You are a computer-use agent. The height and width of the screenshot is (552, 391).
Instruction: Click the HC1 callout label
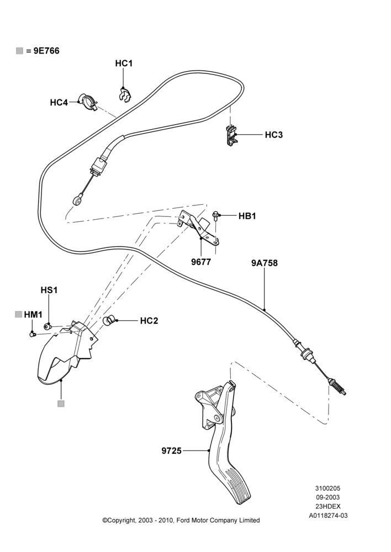pyautogui.click(x=124, y=63)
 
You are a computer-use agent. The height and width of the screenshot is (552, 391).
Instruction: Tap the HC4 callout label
pyautogui.click(x=59, y=103)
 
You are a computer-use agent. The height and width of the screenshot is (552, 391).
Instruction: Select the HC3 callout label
pyautogui.click(x=274, y=135)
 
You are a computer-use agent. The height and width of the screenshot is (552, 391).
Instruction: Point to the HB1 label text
pyautogui.click(x=247, y=216)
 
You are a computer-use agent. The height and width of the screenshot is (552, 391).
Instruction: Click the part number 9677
pyautogui.click(x=201, y=262)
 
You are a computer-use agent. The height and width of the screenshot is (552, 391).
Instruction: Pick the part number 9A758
pyautogui.click(x=264, y=263)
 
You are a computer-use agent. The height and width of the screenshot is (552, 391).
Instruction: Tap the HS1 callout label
pyautogui.click(x=49, y=290)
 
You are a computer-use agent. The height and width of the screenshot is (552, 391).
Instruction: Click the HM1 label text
pyautogui.click(x=33, y=315)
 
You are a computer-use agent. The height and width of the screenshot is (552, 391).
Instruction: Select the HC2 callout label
pyautogui.click(x=149, y=321)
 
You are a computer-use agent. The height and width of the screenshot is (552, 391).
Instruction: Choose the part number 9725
pyautogui.click(x=172, y=450)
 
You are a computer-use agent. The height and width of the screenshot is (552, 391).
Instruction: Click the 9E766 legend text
pyautogui.click(x=46, y=51)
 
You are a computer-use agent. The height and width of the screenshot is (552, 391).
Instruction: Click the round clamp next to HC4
pyautogui.click(x=88, y=102)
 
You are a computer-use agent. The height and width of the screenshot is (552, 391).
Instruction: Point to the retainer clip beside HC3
pyautogui.click(x=231, y=136)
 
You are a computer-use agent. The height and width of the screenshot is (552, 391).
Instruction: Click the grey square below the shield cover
pyautogui.click(x=61, y=404)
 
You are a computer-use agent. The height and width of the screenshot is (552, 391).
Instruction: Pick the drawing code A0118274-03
pyautogui.click(x=328, y=516)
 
